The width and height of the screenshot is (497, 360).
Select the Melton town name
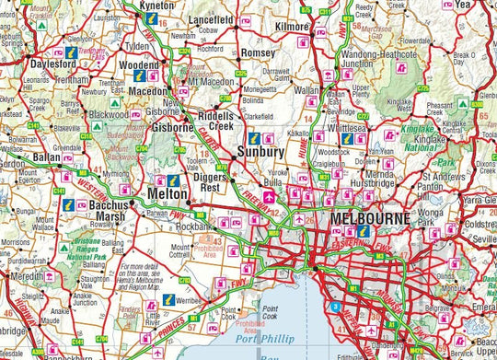(x=167, y=195)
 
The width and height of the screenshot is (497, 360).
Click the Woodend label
(x=140, y=65)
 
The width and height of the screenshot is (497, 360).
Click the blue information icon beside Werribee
(x=168, y=300)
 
